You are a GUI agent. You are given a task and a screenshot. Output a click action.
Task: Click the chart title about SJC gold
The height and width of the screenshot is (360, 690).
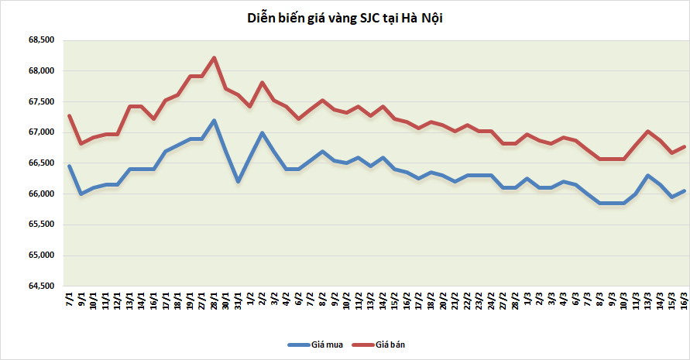[x=345, y=18]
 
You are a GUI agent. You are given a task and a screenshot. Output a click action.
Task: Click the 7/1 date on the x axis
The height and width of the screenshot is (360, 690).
[x=70, y=299]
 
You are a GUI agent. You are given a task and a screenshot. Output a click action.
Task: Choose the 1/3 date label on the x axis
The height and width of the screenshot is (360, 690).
[x=527, y=299]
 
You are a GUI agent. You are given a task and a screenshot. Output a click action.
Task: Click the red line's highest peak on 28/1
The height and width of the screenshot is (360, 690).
[x=215, y=57]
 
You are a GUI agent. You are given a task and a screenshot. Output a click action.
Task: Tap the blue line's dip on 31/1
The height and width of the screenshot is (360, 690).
[x=239, y=181]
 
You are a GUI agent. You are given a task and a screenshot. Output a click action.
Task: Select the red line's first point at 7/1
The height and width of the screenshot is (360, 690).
[x=70, y=116]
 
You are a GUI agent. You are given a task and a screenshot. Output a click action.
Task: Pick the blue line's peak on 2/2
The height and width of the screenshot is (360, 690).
[x=263, y=132]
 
